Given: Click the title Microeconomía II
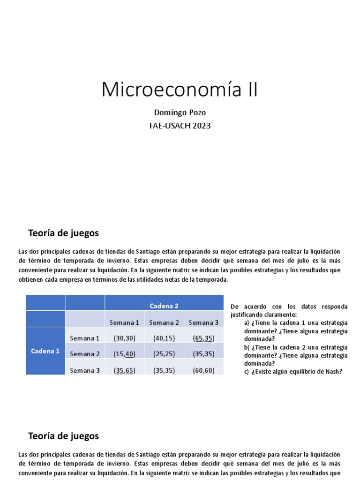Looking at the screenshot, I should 180,90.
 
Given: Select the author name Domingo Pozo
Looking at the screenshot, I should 180,113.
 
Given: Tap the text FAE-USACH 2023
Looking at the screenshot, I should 180,126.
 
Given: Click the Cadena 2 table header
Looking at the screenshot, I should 164,306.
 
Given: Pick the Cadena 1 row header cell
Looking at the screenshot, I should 45,351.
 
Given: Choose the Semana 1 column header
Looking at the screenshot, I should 124,322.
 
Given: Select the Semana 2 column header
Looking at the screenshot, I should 164,322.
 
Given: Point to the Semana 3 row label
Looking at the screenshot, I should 85,370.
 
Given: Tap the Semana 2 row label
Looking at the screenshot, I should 85,354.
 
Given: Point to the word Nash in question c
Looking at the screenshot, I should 333,372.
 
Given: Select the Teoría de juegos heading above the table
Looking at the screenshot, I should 63,233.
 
